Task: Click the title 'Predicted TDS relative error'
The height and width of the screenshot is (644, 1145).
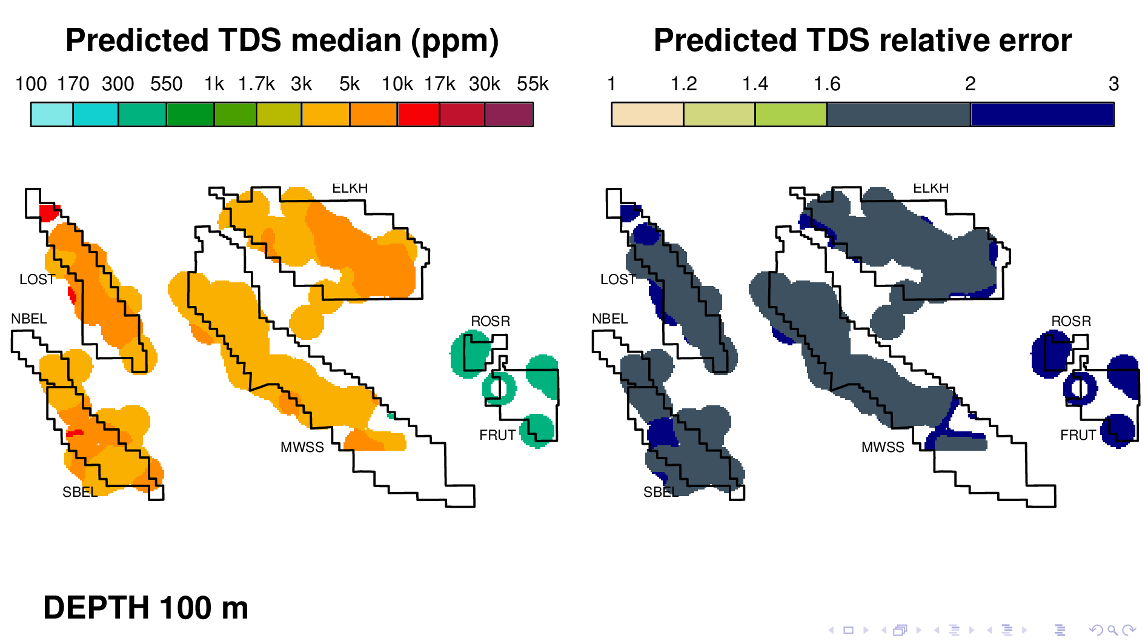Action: pos(863,41)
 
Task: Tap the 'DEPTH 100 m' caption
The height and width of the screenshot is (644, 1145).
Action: pos(145,608)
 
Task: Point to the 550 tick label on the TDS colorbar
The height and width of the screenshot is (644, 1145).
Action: pos(167,84)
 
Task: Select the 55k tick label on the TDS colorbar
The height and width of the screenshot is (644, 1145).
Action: pos(533,84)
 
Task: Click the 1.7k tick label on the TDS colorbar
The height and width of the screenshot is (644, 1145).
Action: pos(256,84)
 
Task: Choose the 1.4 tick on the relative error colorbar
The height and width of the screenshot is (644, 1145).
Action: pos(755,84)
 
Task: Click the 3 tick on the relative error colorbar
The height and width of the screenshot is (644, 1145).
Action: pos(1113,84)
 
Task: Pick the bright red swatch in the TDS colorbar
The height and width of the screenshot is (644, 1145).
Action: pos(418,115)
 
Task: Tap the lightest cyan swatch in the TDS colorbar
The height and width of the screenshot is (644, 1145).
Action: pos(52,115)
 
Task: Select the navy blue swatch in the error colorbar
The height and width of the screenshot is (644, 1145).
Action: pos(1042,115)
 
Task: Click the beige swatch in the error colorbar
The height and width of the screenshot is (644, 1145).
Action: pos(648,115)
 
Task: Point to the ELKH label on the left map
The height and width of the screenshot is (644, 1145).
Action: pos(350,188)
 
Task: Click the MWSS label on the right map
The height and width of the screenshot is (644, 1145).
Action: pos(883,447)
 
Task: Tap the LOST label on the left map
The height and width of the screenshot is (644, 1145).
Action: pos(37,279)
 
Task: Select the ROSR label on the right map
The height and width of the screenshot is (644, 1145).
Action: pos(1071,321)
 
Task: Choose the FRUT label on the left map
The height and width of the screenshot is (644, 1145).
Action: pos(497,435)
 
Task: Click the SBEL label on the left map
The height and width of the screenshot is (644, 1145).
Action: pos(80,492)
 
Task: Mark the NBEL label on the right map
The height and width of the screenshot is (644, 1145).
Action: pos(609,319)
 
